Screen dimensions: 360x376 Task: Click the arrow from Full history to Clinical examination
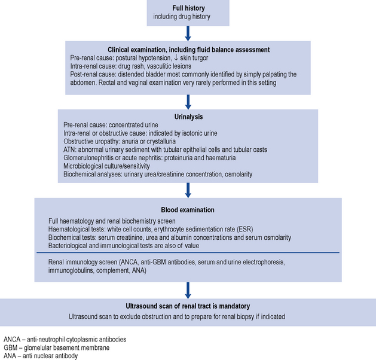pos(188,31)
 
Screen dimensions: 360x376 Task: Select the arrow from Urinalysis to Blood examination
pos(188,190)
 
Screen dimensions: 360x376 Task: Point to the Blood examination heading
pos(188,210)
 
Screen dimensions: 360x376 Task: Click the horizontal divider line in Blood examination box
pos(188,252)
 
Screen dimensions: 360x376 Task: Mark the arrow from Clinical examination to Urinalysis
pos(188,101)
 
